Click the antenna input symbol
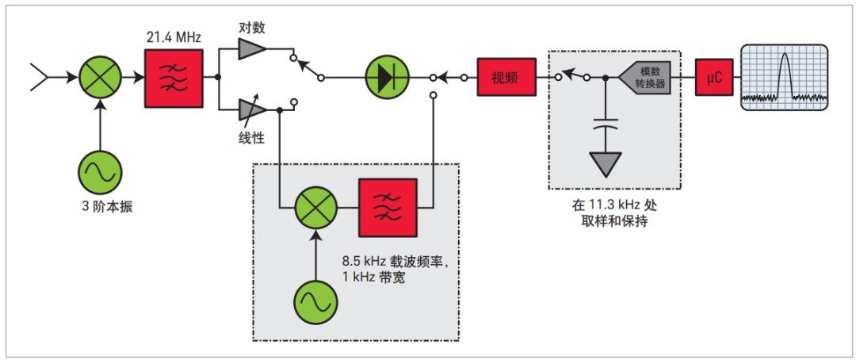[40, 78]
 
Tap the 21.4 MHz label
[173, 38]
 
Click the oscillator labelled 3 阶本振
[101, 174]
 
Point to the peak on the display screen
[785, 55]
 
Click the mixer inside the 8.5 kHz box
[316, 208]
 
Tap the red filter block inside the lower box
[387, 208]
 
